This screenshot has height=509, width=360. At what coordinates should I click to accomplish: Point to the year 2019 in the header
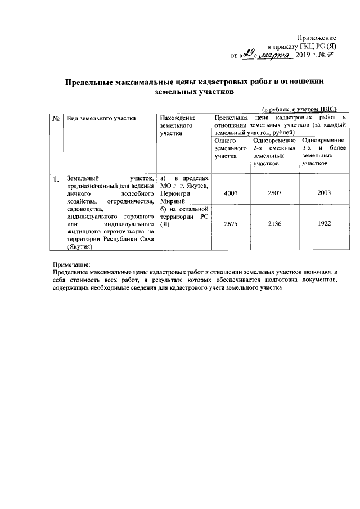point(303,56)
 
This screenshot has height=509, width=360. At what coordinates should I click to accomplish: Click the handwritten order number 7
point(331,55)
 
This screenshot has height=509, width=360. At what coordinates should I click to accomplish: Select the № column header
point(56,119)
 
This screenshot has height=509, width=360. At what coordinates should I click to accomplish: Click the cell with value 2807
point(274,193)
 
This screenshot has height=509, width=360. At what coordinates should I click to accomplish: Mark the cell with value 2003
point(323,193)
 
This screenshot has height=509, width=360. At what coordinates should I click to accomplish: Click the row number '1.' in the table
point(56,181)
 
